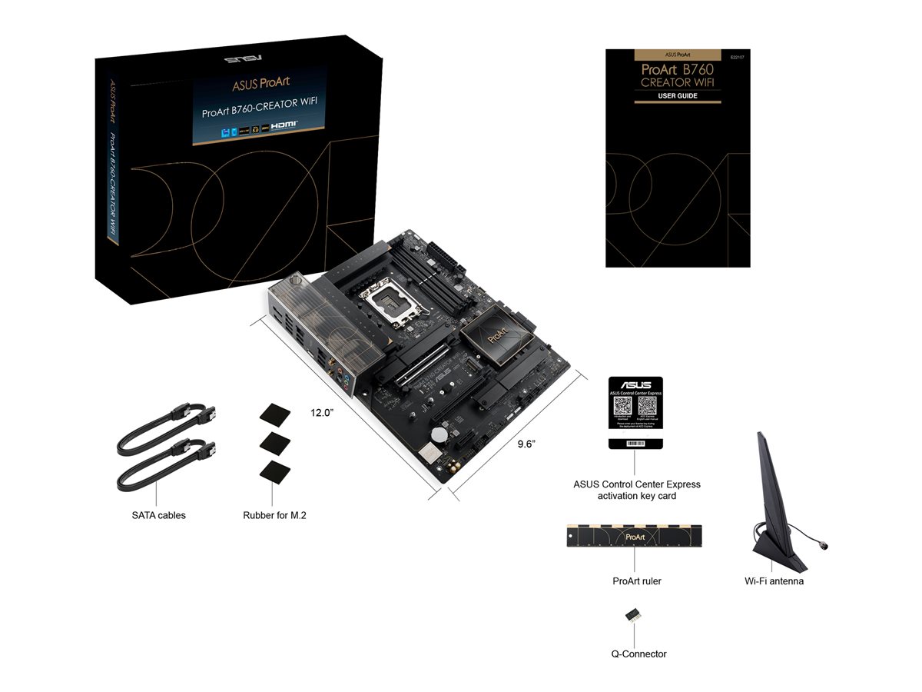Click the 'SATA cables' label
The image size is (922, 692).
coord(158,515)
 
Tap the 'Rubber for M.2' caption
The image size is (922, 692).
coord(274,515)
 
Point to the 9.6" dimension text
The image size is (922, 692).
coord(526,444)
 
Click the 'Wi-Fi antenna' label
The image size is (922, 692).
coord(774,581)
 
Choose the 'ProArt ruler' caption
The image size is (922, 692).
coord(637,581)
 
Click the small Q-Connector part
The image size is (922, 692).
coord(634,614)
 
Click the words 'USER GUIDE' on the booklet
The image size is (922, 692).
coord(677,96)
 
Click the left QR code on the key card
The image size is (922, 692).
coord(622,408)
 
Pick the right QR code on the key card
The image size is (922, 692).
coord(648,408)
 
